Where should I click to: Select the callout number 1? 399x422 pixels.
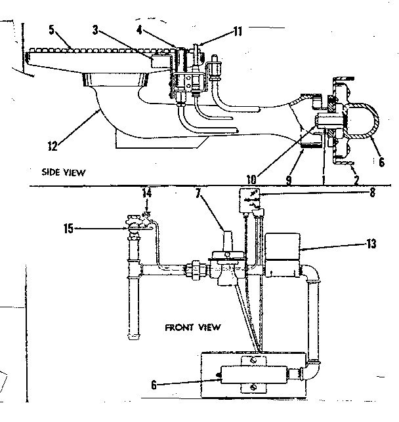coord(323,177)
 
